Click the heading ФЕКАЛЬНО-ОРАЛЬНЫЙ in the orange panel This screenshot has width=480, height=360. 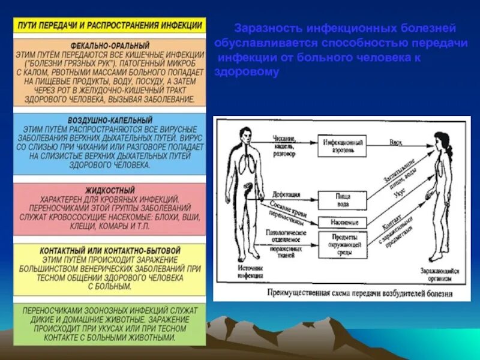tap(110, 46)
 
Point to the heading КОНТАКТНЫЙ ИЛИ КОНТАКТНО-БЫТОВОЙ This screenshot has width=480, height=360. tap(110, 250)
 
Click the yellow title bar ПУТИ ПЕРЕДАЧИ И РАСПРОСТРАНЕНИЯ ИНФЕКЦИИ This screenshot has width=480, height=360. tap(110, 26)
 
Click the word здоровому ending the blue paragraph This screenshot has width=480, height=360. tap(248, 73)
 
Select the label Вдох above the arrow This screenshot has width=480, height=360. tap(395, 142)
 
